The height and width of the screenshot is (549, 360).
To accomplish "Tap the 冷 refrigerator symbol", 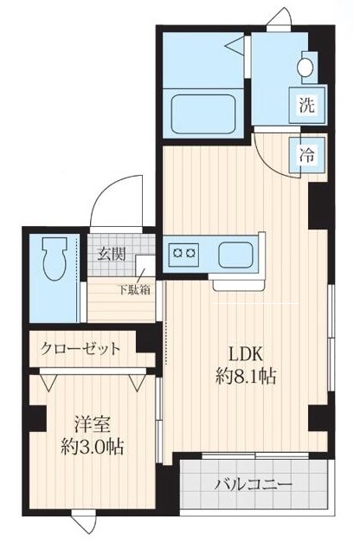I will [306, 158].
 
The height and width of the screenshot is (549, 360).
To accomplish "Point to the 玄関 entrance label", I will [111, 255].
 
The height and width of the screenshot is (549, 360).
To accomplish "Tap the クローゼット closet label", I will [79, 350].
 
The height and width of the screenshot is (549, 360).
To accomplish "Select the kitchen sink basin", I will [235, 255].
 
